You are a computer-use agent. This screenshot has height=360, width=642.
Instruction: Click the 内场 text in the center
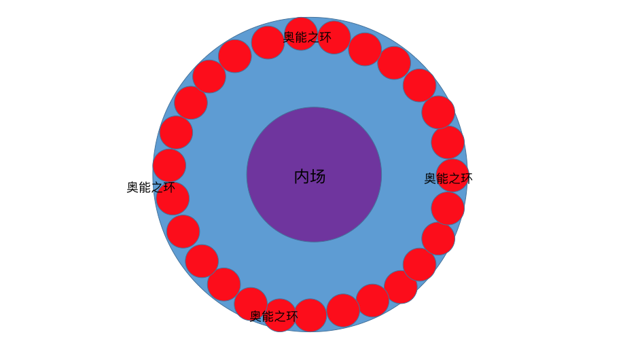pyautogui.click(x=310, y=177)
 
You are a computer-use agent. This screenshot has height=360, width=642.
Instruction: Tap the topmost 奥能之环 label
pyautogui.click(x=307, y=37)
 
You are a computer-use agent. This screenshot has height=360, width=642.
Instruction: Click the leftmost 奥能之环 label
pyautogui.click(x=151, y=187)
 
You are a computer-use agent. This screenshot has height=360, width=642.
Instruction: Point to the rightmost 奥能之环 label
pyautogui.click(x=448, y=179)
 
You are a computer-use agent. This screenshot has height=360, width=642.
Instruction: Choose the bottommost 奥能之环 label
pyautogui.click(x=274, y=317)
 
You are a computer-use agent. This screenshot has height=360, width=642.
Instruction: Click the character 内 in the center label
pyautogui.click(x=302, y=177)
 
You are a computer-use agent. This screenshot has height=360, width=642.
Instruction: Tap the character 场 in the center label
pyautogui.click(x=318, y=177)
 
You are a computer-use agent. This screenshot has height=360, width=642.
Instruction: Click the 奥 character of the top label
pyautogui.click(x=289, y=37)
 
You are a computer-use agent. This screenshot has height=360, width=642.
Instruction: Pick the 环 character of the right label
pyautogui.click(x=467, y=179)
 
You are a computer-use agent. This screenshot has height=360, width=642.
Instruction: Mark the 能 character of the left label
pyautogui.click(x=145, y=187)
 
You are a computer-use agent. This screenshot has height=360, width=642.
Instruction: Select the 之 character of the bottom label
pyautogui.click(x=279, y=317)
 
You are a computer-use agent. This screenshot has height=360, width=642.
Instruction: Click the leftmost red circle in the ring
pyautogui.click(x=169, y=165)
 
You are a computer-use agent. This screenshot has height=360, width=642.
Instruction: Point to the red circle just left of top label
pyautogui.click(x=268, y=42)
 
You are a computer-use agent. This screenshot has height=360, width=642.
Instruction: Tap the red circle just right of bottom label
pyautogui.click(x=310, y=315)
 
